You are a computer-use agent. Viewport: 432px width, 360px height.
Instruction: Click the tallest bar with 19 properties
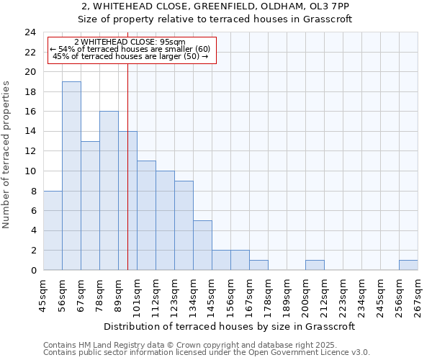pyautogui.click(x=71, y=176)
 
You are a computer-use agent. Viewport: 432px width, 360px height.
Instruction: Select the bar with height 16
pyautogui.click(x=109, y=191)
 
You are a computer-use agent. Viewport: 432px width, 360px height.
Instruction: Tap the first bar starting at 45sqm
pyautogui.click(x=53, y=230)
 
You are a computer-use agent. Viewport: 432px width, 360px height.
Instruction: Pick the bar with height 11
pyautogui.click(x=146, y=215)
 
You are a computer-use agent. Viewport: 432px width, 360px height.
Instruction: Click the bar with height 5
pyautogui.click(x=202, y=245)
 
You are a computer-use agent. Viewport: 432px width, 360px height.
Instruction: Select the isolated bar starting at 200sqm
pyautogui.click(x=315, y=265)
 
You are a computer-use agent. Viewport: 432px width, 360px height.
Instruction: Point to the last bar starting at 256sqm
pyautogui.click(x=408, y=265)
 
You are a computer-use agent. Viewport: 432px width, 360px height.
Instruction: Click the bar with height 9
pyautogui.click(x=184, y=225)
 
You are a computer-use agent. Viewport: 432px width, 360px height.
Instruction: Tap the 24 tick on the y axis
pyautogui.click(x=30, y=32)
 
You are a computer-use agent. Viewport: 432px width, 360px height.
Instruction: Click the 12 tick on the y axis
pyautogui.click(x=30, y=151)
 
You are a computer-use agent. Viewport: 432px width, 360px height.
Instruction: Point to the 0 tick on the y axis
pyautogui.click(x=32, y=270)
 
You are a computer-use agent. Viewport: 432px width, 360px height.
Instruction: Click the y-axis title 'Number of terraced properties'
pyautogui.click(x=7, y=154)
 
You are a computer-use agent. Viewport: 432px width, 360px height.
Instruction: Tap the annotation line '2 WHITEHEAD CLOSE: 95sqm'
pyautogui.click(x=130, y=42)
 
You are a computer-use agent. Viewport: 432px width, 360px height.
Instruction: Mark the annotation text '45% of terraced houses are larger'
pyautogui.click(x=130, y=56)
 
